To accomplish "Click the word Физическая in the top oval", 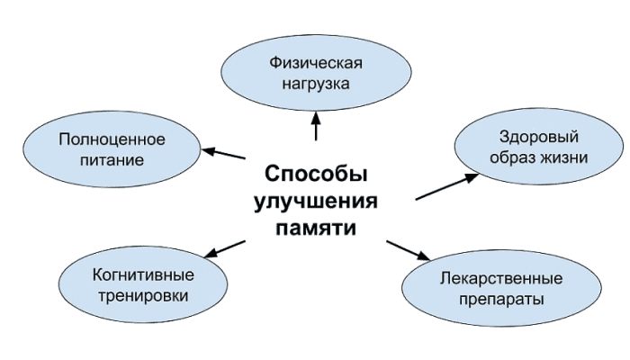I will point(315,65).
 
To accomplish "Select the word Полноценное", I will point(112,139).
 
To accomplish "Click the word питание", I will point(112,159).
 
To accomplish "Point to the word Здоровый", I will point(538,137).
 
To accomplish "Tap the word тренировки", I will point(145,293).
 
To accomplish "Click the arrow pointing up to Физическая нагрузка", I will point(316,126).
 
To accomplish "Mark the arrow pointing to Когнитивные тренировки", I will point(225,247).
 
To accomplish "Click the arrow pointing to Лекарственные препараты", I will point(412,249).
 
